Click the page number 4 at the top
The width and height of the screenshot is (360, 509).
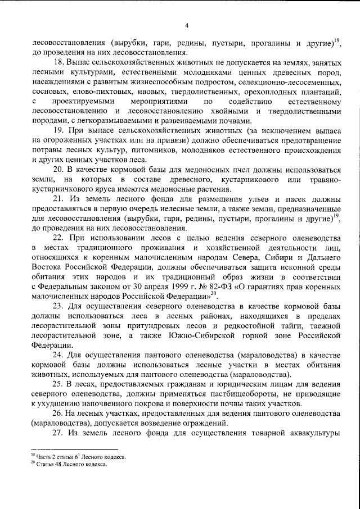186,25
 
